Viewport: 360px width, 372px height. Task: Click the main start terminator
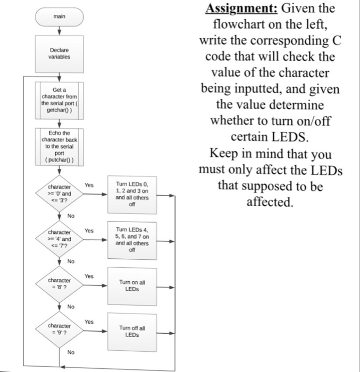60,16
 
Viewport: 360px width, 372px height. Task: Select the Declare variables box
60,53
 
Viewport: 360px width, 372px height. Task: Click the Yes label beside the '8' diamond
89,276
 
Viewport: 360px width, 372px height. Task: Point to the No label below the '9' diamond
71,352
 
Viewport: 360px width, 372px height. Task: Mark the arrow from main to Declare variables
60,31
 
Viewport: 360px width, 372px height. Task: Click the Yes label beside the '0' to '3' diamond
89,185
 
